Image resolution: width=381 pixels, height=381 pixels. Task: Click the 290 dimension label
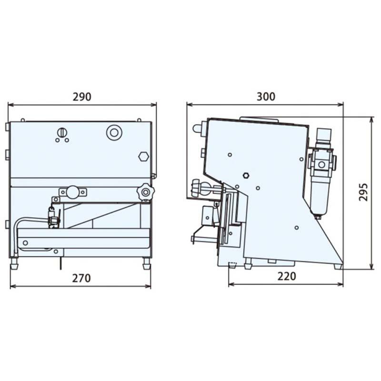point(82,97)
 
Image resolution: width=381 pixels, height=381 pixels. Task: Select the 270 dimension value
point(81,278)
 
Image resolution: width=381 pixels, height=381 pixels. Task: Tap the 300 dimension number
point(266,97)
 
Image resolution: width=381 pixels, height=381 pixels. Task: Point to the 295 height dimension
point(363,192)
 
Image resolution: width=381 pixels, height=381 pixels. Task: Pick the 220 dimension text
point(287,276)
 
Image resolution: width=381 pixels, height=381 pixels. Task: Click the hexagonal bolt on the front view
point(144,157)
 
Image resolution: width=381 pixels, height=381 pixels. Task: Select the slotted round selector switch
point(62,133)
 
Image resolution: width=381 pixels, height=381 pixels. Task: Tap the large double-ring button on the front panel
point(114,132)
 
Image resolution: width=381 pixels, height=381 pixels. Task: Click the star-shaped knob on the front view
point(145,192)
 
